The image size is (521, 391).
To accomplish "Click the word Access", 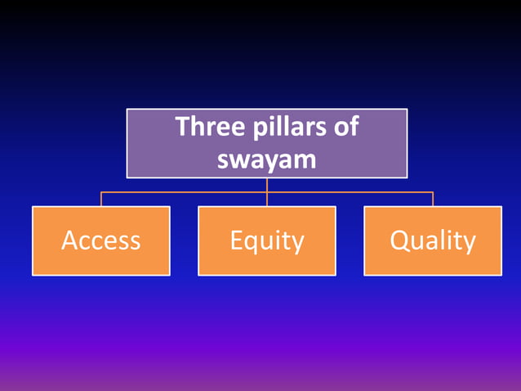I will tap(101, 240).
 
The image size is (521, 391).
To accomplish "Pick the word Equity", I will tap(267, 240).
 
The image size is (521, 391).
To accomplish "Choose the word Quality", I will tap(433, 240).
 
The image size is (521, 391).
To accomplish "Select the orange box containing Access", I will tap(101, 262).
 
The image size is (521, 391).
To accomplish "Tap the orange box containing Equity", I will tap(267, 262).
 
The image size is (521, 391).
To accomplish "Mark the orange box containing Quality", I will tap(433, 262).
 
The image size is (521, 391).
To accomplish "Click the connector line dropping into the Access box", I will tap(101, 200).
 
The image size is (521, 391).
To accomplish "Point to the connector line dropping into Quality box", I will tap(433, 200).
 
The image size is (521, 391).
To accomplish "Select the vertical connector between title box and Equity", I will tap(267, 185).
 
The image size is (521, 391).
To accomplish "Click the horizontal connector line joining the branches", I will tap(184, 193).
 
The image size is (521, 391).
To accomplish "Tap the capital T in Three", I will tap(182, 128).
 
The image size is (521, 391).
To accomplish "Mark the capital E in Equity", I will tap(236, 240).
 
